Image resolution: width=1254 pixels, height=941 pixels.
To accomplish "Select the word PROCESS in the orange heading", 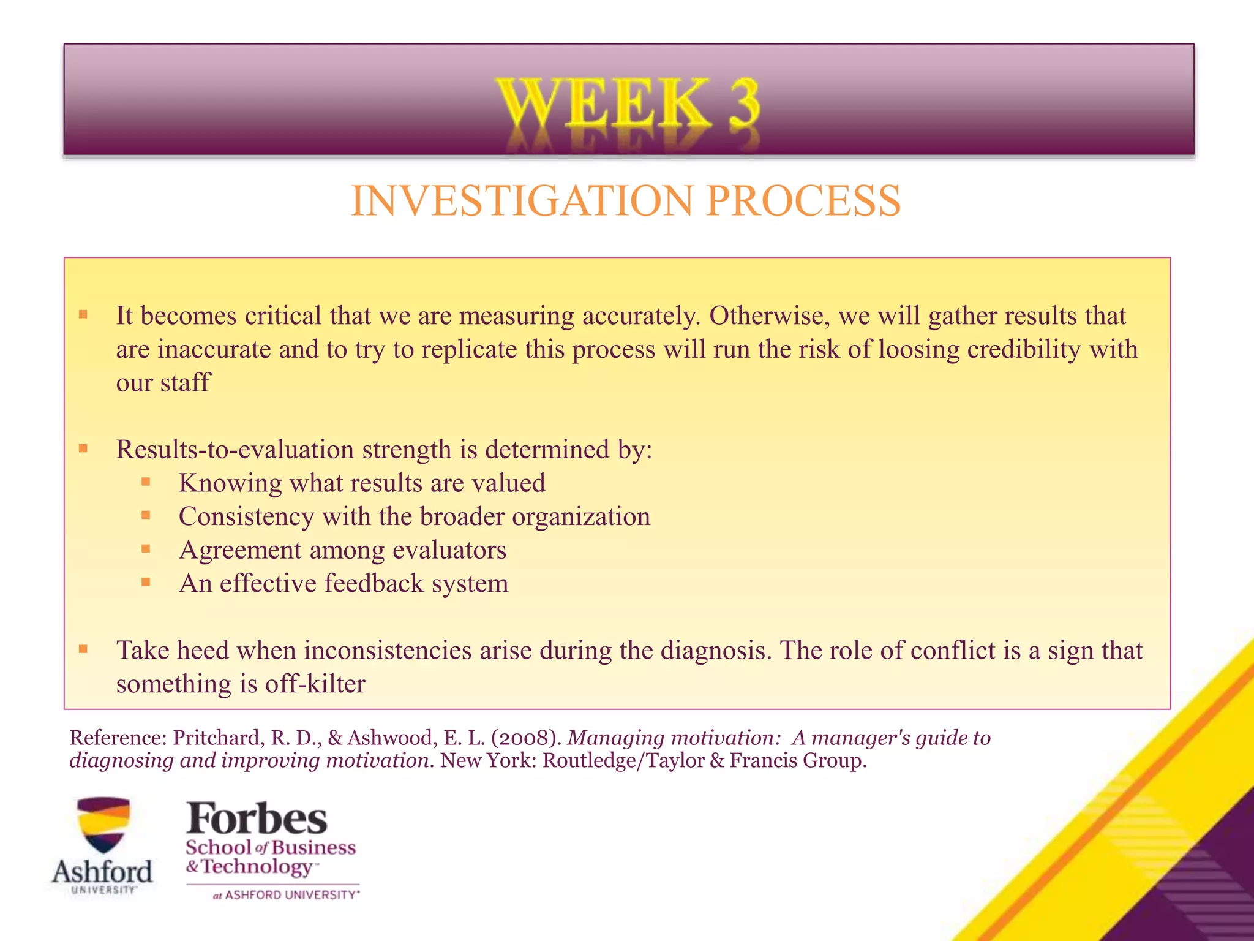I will click(x=803, y=201).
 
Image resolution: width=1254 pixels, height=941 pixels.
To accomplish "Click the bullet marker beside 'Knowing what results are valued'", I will click(x=145, y=482).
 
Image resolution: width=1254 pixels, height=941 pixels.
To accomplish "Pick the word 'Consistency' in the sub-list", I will click(x=246, y=516).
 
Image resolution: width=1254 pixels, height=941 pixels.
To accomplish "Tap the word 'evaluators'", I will click(x=449, y=550).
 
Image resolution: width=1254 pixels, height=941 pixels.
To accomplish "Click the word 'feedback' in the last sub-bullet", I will click(x=374, y=583).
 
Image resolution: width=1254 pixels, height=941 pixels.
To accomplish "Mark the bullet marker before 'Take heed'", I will click(x=83, y=648).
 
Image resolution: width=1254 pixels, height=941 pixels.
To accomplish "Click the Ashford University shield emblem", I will click(x=103, y=824).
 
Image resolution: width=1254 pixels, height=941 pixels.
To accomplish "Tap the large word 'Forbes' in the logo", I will click(x=257, y=818).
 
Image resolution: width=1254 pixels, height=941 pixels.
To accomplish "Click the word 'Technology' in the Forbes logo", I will click(x=257, y=867).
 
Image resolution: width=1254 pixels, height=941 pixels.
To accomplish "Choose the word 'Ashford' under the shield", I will click(x=102, y=871).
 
